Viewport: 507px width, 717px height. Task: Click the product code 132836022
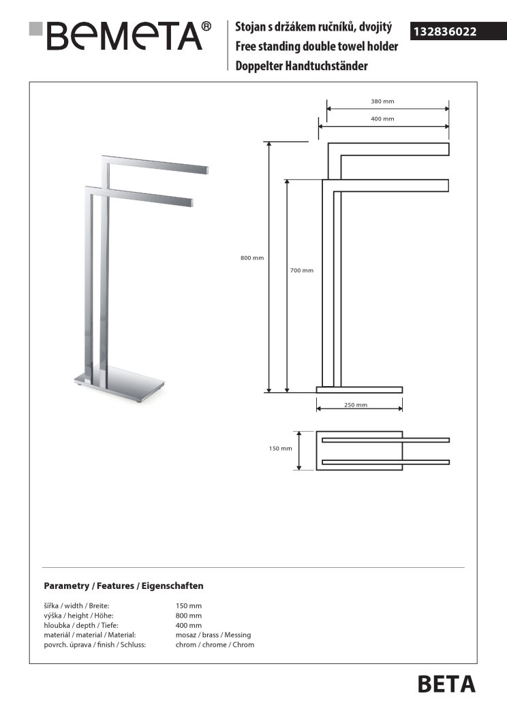(444, 31)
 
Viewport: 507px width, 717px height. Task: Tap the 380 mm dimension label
(382, 101)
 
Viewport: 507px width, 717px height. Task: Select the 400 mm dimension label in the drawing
(382, 119)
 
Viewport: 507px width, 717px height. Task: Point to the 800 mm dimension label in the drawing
(252, 258)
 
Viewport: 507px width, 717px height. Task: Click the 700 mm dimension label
(302, 270)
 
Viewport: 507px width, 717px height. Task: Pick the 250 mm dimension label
(356, 405)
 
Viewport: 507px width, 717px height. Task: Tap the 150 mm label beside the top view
(280, 449)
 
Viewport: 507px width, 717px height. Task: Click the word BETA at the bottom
(446, 684)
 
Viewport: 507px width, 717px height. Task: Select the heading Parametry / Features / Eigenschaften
(123, 586)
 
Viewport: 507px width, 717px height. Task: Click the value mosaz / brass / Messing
(213, 635)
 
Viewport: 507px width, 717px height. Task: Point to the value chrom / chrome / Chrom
(215, 644)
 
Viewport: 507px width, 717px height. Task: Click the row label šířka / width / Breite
(76, 605)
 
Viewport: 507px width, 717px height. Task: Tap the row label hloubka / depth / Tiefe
(76, 625)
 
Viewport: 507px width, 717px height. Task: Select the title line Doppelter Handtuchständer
(301, 66)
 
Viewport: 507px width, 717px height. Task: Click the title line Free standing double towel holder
(316, 47)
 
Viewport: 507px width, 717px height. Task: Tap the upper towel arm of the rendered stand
(157, 164)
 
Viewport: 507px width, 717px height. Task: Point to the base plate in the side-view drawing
(359, 390)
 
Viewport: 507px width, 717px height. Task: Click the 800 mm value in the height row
(189, 616)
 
